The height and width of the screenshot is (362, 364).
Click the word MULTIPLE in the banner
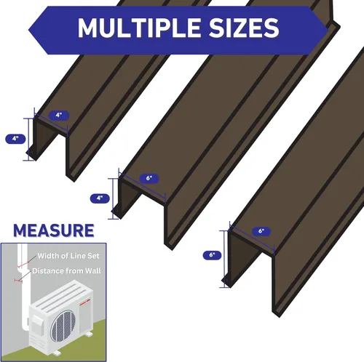[139, 28]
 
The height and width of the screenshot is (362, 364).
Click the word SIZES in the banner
[244, 28]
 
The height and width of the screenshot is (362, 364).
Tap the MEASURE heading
[54, 230]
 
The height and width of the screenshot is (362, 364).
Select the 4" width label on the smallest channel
[59, 115]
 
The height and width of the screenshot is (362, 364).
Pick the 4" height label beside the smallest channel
[15, 139]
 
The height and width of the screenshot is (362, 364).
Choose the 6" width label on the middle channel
[149, 178]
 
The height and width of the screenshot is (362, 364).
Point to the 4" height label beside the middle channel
[100, 198]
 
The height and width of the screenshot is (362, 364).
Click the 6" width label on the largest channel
[261, 231]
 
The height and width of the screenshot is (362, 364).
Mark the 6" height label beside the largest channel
[212, 255]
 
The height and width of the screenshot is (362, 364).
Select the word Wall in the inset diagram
[93, 271]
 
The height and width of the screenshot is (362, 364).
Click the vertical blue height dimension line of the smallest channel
[29, 140]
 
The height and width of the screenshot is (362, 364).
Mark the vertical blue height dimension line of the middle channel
[114, 198]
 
